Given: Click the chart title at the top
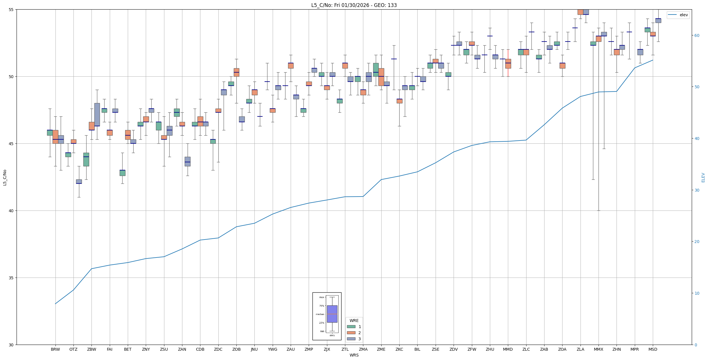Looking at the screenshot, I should pyautogui.click(x=354, y=5).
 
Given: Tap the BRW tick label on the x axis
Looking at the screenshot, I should pyautogui.click(x=55, y=349).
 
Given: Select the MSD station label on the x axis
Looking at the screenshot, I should pyautogui.click(x=653, y=349).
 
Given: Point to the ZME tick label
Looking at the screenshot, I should pyautogui.click(x=381, y=349).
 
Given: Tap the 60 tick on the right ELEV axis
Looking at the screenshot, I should pyautogui.click(x=696, y=35).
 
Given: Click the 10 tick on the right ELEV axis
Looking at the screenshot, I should pyautogui.click(x=696, y=293).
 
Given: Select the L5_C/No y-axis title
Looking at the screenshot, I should pyautogui.click(x=5, y=177).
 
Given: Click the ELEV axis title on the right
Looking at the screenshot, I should pyautogui.click(x=703, y=177).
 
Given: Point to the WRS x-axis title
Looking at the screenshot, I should pyautogui.click(x=354, y=355).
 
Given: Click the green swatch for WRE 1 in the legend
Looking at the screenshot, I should pyautogui.click(x=351, y=327).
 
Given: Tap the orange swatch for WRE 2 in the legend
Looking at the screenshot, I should pyautogui.click(x=351, y=333).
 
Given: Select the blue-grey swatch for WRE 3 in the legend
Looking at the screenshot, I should pyautogui.click(x=351, y=339).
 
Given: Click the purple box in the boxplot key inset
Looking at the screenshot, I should pyautogui.click(x=332, y=314).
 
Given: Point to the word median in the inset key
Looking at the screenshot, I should pyautogui.click(x=320, y=314).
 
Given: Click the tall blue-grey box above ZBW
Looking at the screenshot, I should pyautogui.click(x=97, y=114).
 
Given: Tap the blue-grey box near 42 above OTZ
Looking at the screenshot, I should pyautogui.click(x=79, y=181).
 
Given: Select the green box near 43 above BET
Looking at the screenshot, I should pyautogui.click(x=123, y=173).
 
